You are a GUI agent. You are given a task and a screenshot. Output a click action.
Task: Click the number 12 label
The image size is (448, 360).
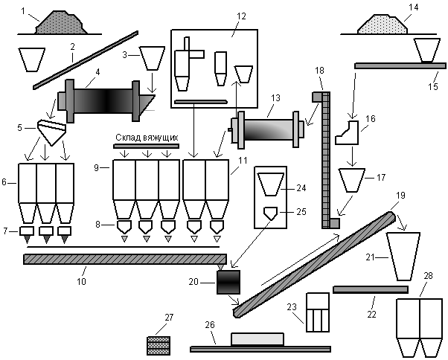click(241, 16)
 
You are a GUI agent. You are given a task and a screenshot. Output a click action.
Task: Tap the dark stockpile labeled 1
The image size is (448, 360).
click(61, 23)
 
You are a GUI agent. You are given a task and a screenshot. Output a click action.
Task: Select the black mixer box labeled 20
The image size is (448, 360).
click(228, 282)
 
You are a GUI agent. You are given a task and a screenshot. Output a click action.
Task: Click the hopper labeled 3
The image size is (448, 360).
click(152, 58)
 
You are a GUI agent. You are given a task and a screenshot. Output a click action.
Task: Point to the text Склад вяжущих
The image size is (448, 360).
click(147, 138)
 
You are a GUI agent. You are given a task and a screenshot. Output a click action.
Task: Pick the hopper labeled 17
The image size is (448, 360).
click(352, 180)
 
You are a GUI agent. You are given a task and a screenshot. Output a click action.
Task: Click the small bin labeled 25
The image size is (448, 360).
click(270, 213)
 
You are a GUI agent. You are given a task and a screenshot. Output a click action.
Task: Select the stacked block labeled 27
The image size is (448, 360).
click(159, 345)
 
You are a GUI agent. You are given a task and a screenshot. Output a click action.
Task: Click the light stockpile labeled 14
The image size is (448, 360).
click(383, 25)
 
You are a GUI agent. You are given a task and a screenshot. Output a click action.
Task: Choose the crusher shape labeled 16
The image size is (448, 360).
click(347, 132)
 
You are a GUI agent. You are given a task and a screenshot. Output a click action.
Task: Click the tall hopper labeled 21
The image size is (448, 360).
click(403, 257)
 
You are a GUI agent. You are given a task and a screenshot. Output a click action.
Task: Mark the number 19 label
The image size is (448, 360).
click(400, 196)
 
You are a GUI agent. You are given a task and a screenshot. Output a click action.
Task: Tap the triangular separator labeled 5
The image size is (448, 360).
click(51, 132)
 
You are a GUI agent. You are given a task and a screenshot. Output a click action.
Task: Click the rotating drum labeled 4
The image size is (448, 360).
click(106, 101)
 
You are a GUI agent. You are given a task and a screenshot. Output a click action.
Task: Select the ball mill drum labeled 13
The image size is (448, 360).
click(267, 129)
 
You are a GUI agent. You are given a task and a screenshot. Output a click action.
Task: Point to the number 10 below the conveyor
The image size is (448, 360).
click(81, 281)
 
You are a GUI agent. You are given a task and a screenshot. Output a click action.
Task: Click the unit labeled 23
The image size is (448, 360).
click(318, 312)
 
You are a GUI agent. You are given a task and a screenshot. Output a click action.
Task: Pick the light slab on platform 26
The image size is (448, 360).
click(257, 339)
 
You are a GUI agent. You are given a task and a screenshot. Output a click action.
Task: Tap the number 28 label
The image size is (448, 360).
click(428, 276)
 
